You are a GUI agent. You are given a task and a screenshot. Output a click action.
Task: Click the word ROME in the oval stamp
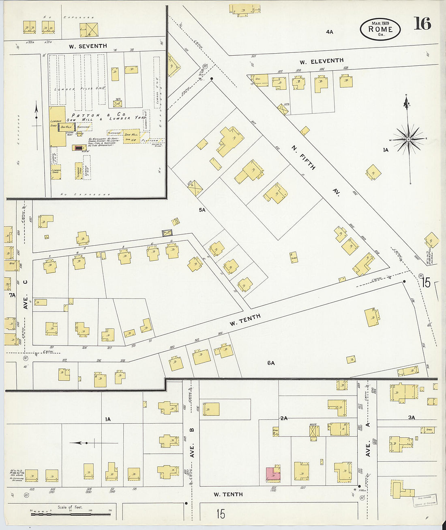380,29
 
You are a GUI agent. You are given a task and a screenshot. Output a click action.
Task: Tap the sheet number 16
422,24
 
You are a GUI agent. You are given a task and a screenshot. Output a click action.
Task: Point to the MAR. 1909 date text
380,23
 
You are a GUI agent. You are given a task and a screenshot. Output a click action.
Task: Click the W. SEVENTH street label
88,46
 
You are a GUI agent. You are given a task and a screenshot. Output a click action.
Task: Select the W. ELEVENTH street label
322,61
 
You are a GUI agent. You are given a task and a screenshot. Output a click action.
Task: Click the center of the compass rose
408,139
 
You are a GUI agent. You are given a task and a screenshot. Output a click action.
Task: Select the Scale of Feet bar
71,514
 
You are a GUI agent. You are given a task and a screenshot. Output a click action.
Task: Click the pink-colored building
273,474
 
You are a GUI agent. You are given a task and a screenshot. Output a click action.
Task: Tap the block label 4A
329,32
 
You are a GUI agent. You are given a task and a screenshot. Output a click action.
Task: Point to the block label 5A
202,210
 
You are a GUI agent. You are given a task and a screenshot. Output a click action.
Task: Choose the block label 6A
271,363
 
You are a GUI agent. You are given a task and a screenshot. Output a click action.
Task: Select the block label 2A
283,418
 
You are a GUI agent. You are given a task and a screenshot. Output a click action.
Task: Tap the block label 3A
412,417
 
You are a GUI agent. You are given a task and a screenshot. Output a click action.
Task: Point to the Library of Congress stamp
425,500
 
